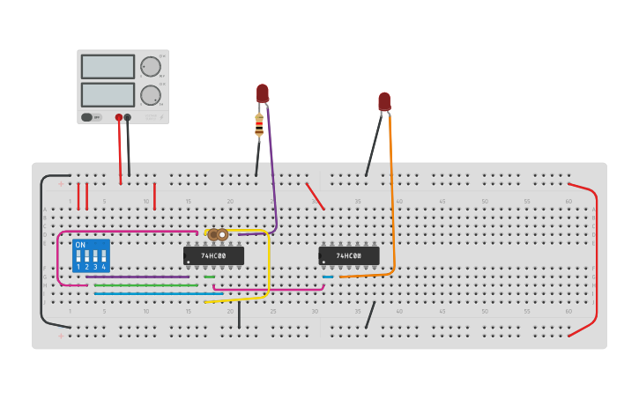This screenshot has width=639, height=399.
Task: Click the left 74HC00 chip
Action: point(213,255)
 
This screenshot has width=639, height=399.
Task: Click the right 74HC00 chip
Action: point(348,255)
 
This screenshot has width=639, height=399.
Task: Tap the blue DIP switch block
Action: point(91,255)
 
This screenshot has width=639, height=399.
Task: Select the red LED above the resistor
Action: point(263,92)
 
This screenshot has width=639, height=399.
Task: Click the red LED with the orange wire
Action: point(384,101)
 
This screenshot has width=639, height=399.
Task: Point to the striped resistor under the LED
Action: point(259,125)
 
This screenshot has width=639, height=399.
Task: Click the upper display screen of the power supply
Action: point(108,67)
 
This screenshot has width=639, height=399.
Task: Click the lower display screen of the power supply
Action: point(108,94)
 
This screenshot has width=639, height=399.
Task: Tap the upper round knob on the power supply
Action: point(151,67)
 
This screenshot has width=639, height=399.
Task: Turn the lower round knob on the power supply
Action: point(151,95)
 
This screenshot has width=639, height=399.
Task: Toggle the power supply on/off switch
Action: point(87,117)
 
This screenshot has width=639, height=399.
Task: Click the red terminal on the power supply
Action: point(119,117)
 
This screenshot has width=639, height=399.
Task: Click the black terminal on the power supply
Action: point(128,117)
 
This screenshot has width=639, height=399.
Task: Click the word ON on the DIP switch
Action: point(80,245)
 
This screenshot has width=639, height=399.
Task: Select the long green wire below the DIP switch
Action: point(145,285)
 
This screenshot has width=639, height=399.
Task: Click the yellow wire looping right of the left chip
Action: point(269,264)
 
